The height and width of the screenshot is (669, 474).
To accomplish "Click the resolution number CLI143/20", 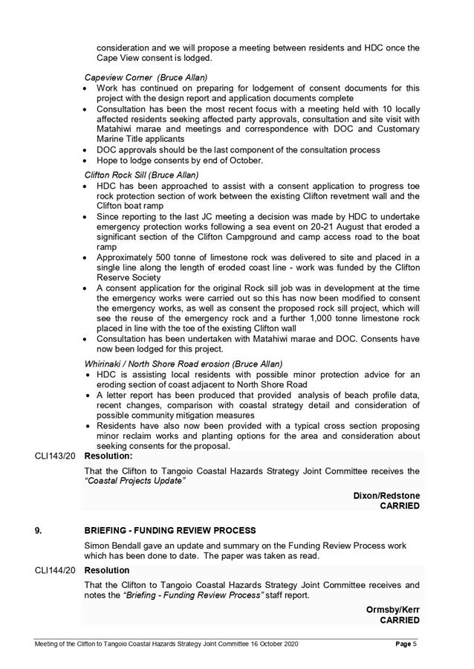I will coord(55,456).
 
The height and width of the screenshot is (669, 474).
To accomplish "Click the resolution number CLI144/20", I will coord(55,570).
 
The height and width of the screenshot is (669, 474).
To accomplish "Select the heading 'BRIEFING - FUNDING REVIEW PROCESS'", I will coord(171,530).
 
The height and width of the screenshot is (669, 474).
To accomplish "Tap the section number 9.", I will coord(38,530).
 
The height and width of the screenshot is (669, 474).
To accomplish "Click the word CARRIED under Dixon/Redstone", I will coord(400,506).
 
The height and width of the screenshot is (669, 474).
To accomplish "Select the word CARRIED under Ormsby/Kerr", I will coord(400,620).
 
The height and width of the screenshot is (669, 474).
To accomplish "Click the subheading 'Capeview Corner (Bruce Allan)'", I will coord(146,77).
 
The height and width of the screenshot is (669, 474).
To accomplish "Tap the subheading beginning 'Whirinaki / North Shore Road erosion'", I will coord(184,363).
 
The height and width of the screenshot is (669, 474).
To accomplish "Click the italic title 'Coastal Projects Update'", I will coord(135,481).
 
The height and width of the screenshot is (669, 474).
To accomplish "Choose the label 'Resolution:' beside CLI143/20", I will coord(108,456).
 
